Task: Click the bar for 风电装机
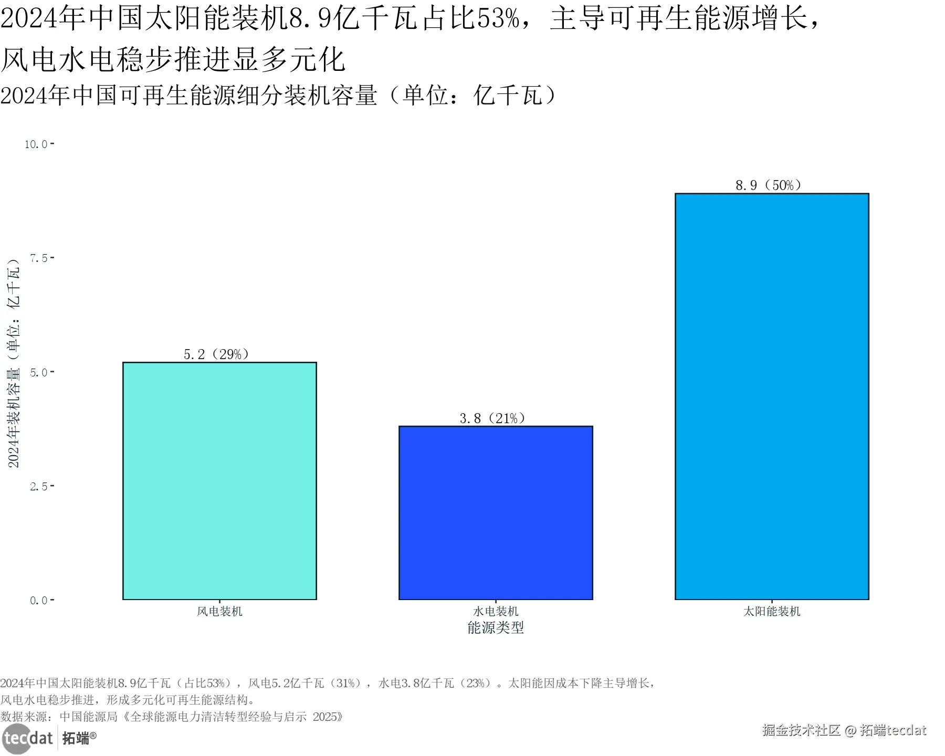pyautogui.click(x=219, y=480)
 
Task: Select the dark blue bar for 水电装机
pyautogui.click(x=496, y=512)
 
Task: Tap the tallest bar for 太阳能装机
pyautogui.click(x=771, y=396)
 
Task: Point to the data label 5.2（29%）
pyautogui.click(x=216, y=354)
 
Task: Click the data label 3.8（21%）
pyautogui.click(x=492, y=418)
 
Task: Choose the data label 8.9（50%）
pyautogui.click(x=769, y=185)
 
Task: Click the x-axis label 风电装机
pyautogui.click(x=219, y=611)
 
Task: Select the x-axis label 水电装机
pyautogui.click(x=496, y=611)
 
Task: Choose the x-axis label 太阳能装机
pyautogui.click(x=771, y=611)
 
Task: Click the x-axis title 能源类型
pyautogui.click(x=496, y=627)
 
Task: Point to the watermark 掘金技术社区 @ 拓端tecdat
pyautogui.click(x=844, y=730)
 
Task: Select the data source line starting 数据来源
pyautogui.click(x=172, y=717)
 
